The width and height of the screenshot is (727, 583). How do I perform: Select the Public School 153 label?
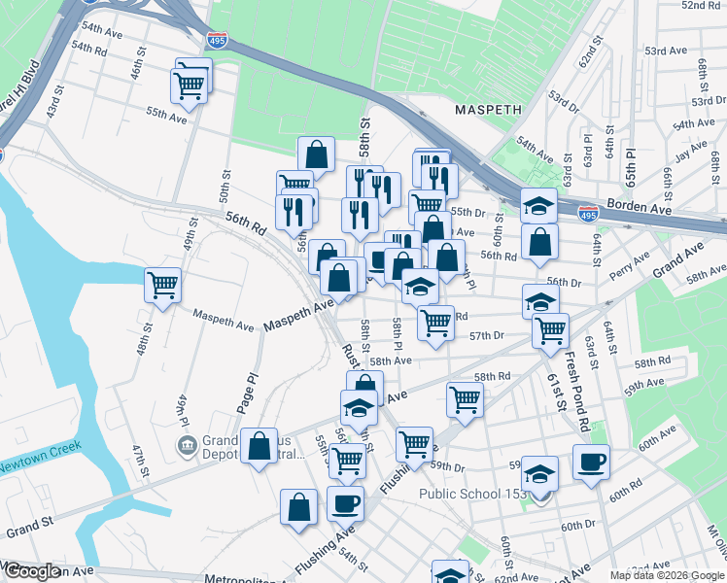tap(472, 494)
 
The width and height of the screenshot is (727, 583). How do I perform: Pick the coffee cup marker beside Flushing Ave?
tap(345, 503)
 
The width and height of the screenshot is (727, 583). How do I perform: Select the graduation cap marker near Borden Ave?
tap(538, 205)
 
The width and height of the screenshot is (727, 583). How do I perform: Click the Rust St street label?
tap(350, 356)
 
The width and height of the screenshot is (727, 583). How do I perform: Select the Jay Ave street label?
tap(691, 152)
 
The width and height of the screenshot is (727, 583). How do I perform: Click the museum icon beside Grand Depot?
tap(186, 446)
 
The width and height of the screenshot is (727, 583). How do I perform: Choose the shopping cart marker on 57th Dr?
tap(550, 330)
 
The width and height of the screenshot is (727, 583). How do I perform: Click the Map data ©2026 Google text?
tap(666, 575)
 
